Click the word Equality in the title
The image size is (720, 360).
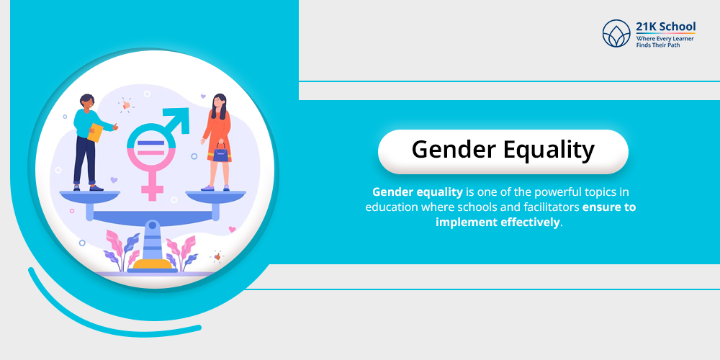pyautogui.click(x=552, y=150)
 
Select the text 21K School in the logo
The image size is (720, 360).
pyautogui.click(x=665, y=27)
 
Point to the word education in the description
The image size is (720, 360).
pyautogui.click(x=396, y=207)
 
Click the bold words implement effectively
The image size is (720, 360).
pyautogui.click(x=498, y=222)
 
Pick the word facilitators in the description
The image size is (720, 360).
pyautogui.click(x=544, y=207)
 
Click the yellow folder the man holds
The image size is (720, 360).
pyautogui.click(x=95, y=132)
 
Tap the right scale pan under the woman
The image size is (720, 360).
pyautogui.click(x=215, y=194)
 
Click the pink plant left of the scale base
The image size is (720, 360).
pyautogui.click(x=120, y=249)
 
